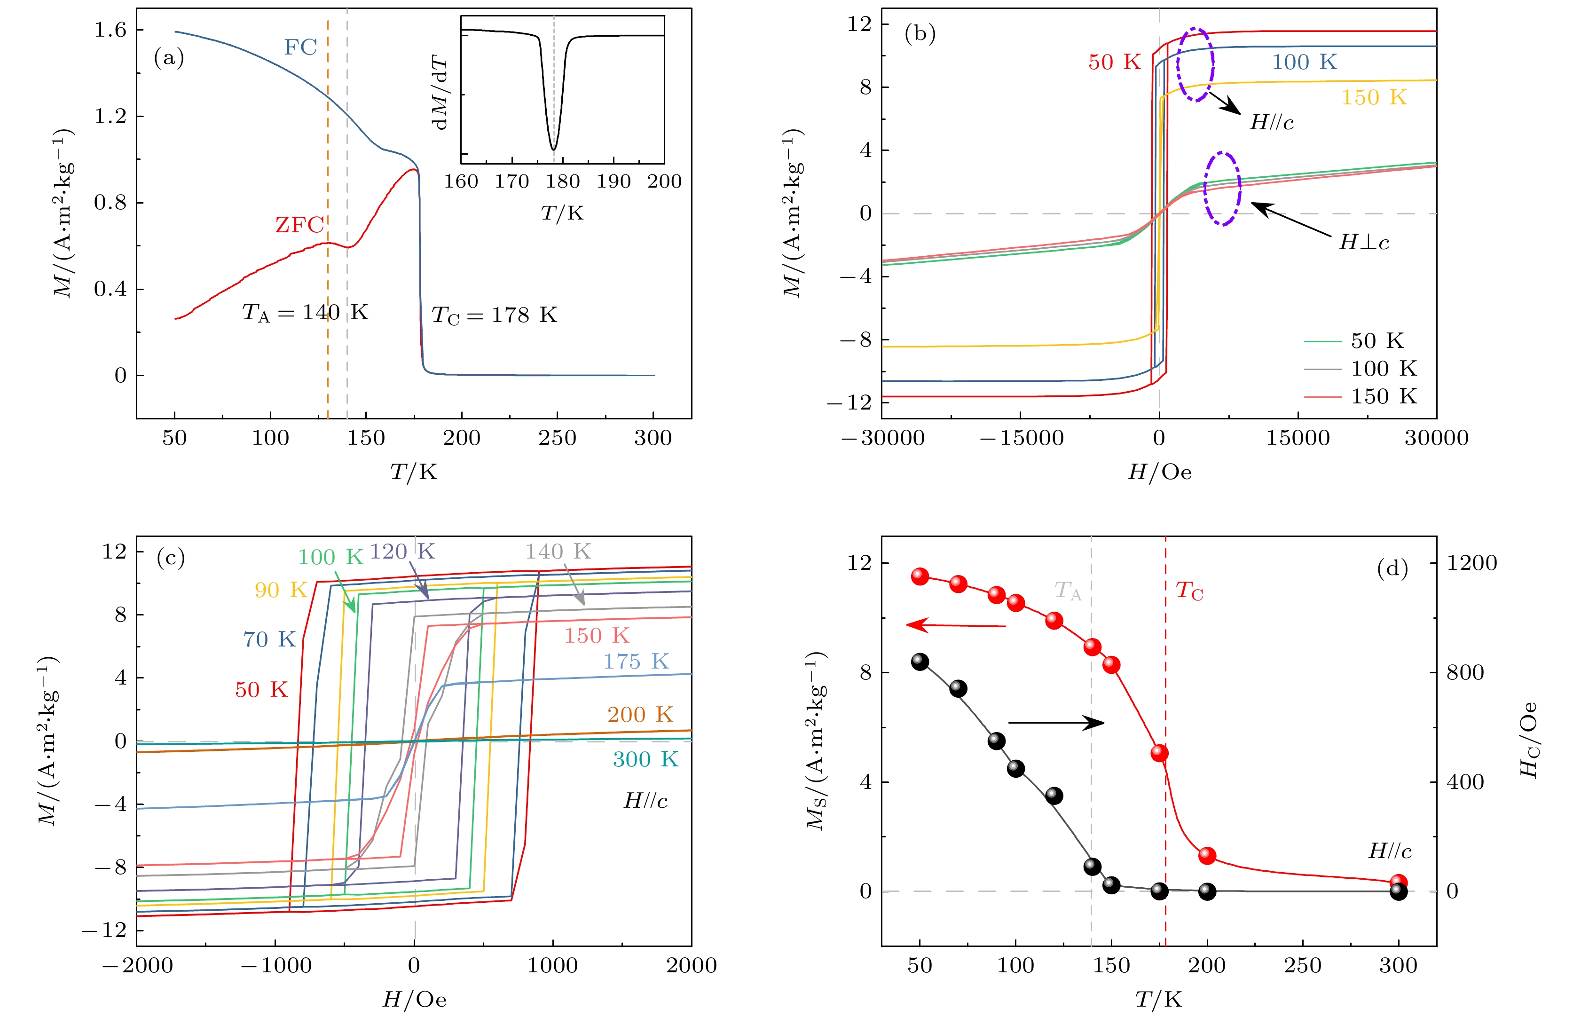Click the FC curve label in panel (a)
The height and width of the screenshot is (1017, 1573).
300,47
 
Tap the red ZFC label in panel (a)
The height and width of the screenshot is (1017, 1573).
299,225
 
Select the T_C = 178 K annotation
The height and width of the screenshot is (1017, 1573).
494,315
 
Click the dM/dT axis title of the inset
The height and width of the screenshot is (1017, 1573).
440,93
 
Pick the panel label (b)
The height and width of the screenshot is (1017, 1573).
920,33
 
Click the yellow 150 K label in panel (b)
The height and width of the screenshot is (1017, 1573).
1374,98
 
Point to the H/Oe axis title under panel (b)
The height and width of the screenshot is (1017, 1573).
1159,472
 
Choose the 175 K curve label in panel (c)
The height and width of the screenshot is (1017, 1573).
636,661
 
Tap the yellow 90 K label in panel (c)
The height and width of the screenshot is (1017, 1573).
281,590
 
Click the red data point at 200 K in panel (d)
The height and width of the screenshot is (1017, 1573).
1207,856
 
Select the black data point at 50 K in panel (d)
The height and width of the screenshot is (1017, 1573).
920,662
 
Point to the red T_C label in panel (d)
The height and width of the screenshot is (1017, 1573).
1189,591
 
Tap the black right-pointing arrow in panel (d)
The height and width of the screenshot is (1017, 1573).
1056,723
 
